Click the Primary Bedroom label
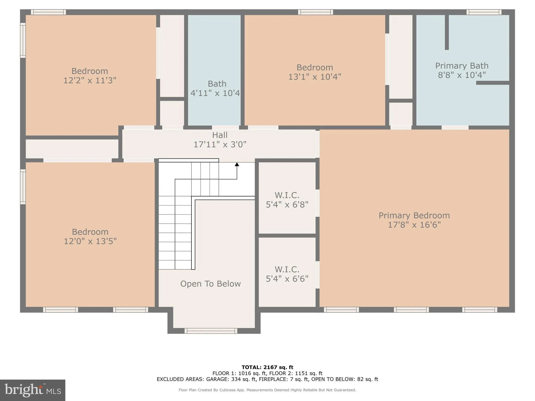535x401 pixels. pyautogui.click(x=414, y=215)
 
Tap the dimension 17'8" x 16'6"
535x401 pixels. pyautogui.click(x=414, y=225)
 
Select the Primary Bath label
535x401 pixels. pyautogui.click(x=462, y=66)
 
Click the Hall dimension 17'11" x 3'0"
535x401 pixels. pyautogui.click(x=220, y=144)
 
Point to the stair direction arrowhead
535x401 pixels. pyautogui.click(x=237, y=164)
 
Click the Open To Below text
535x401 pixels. pyautogui.click(x=210, y=284)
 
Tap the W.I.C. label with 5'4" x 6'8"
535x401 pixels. pyautogui.click(x=287, y=195)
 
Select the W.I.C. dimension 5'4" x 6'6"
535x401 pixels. pyautogui.click(x=287, y=279)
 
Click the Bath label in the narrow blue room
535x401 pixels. pyautogui.click(x=217, y=84)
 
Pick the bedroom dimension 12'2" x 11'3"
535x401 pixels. pyautogui.click(x=90, y=80)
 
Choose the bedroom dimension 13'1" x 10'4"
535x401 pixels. pyautogui.click(x=315, y=77)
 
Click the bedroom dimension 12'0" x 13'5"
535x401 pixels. pyautogui.click(x=90, y=241)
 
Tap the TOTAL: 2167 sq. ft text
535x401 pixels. pyautogui.click(x=267, y=367)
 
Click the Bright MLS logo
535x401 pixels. pyautogui.click(x=33, y=390)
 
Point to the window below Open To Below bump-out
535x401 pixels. pyautogui.click(x=211, y=331)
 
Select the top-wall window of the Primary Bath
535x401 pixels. pyautogui.click(x=484, y=12)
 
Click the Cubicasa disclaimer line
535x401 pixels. pyautogui.click(x=267, y=390)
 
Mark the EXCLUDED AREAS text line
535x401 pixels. pyautogui.click(x=267, y=379)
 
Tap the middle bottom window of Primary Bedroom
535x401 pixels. pyautogui.click(x=411, y=310)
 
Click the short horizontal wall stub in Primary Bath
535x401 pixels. pyautogui.click(x=492, y=83)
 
